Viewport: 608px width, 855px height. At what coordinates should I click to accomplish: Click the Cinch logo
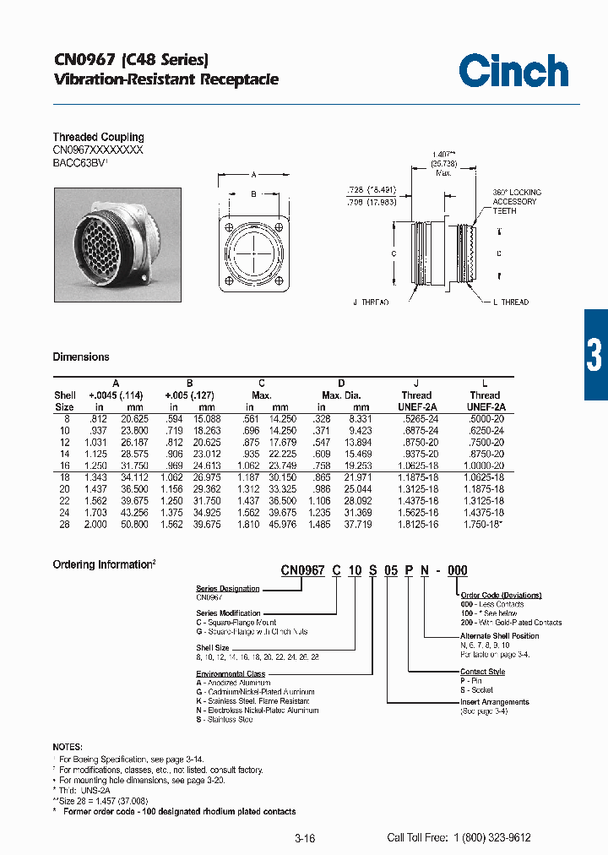[x=513, y=70]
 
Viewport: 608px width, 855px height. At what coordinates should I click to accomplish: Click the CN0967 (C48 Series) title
[x=131, y=60]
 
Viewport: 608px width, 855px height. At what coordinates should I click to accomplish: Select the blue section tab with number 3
[x=594, y=355]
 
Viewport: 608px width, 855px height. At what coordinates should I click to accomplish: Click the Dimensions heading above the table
[x=81, y=357]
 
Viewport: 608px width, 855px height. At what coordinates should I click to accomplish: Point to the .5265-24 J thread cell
[x=415, y=406]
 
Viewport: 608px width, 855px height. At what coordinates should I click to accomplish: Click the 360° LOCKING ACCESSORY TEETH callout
[x=516, y=201]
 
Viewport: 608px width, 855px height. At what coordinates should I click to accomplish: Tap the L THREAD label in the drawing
[x=510, y=302]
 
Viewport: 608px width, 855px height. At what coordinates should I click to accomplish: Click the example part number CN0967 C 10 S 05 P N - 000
[x=374, y=570]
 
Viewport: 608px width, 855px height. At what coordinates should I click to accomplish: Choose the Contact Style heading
[x=482, y=672]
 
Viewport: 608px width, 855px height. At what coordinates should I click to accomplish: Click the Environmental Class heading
[x=231, y=674]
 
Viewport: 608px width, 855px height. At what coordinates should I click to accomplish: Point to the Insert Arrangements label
[x=495, y=701]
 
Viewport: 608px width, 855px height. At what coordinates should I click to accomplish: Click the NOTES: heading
[x=68, y=748]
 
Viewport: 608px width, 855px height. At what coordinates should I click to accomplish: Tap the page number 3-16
[x=305, y=838]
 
